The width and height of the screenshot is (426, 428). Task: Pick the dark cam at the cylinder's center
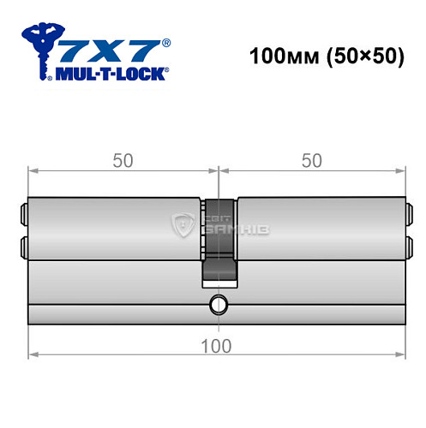point(219,240)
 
